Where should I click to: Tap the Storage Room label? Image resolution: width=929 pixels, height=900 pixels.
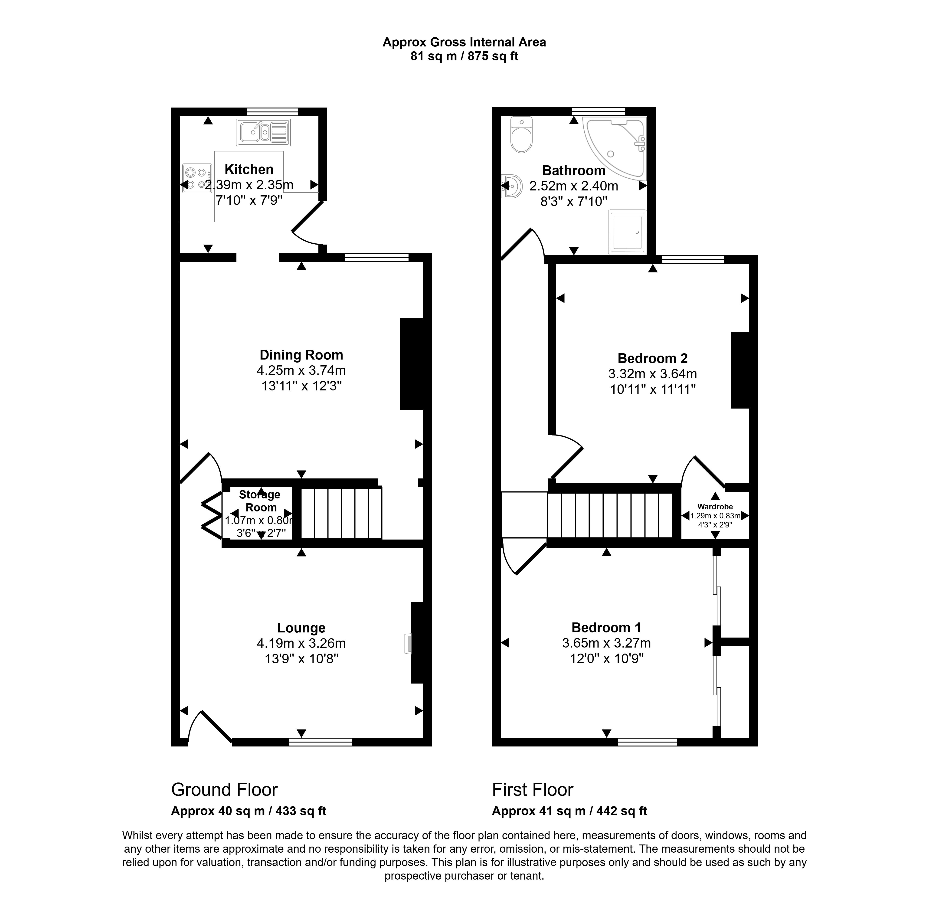pos(260,501)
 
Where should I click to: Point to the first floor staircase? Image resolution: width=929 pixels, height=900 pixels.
pos(610,515)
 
